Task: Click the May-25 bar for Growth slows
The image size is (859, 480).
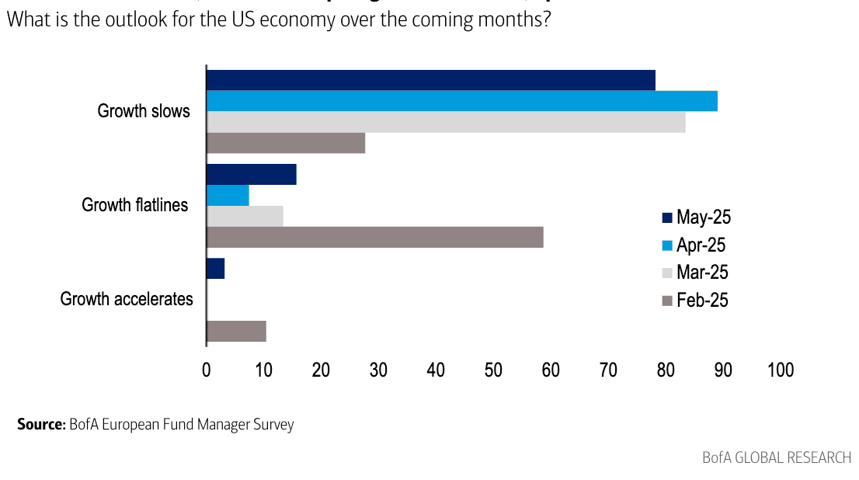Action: (x=431, y=80)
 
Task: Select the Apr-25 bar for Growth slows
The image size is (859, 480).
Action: (x=462, y=101)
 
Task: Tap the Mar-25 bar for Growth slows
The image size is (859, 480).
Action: (x=446, y=122)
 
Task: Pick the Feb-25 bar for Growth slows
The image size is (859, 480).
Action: (x=286, y=143)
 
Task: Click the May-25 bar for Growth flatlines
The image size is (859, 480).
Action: (x=252, y=175)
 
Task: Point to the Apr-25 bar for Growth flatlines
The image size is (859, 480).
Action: (x=228, y=196)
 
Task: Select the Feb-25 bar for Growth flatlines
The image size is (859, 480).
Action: (x=375, y=237)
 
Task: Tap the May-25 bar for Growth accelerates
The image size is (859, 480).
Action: (x=216, y=269)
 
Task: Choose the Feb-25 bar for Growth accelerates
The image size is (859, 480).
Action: (x=237, y=331)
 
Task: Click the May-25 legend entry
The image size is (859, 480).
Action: (x=696, y=217)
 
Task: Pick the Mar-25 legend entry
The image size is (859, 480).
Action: (x=694, y=273)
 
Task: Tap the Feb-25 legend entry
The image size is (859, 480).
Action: (x=694, y=300)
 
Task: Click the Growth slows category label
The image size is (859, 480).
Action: (x=144, y=111)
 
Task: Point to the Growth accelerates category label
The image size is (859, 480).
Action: (x=127, y=299)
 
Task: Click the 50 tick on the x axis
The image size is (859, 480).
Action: (x=493, y=370)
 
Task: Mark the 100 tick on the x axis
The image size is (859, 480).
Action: (x=780, y=370)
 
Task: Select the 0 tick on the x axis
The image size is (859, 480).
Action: (x=207, y=370)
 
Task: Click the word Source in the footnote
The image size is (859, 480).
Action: (x=40, y=425)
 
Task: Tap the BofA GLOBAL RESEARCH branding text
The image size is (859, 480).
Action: (x=777, y=457)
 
